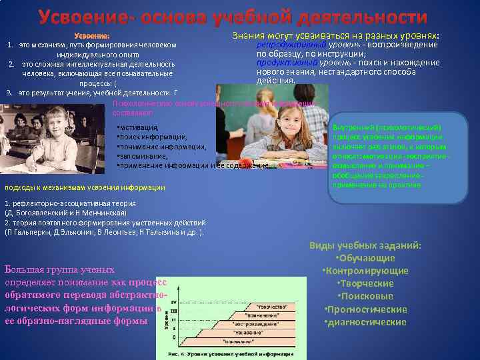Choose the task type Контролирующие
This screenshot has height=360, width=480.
pos(365,271)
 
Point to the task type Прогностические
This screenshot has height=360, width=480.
pos(365,309)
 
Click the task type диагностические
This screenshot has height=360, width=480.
pos(365,322)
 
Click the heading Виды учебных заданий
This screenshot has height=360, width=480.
pos(365,245)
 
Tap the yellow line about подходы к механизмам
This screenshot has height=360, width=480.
pos(85,187)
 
